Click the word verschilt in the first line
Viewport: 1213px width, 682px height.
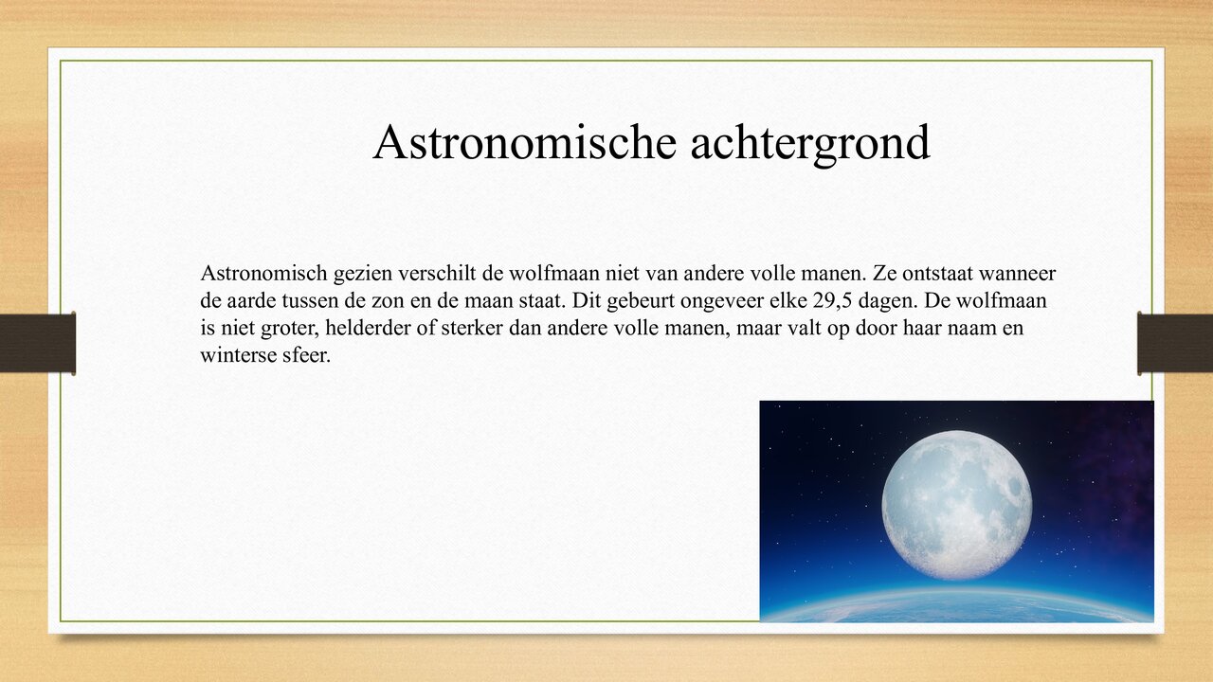(x=431, y=275)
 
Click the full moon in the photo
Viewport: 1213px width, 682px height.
(x=956, y=505)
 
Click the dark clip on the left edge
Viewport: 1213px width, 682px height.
(x=38, y=343)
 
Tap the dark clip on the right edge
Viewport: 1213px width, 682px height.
(x=1175, y=343)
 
